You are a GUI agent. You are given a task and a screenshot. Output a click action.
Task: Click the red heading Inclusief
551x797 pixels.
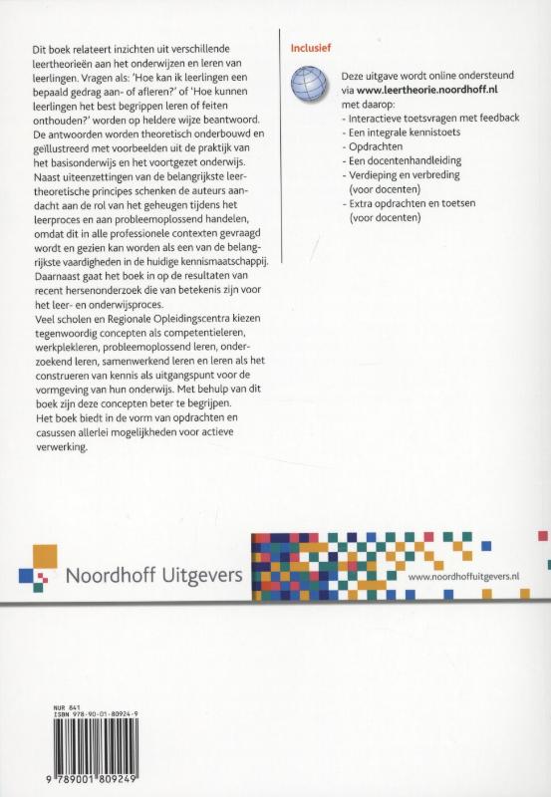click(307, 46)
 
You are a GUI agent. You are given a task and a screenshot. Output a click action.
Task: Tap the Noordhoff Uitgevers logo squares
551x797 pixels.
click(38, 565)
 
